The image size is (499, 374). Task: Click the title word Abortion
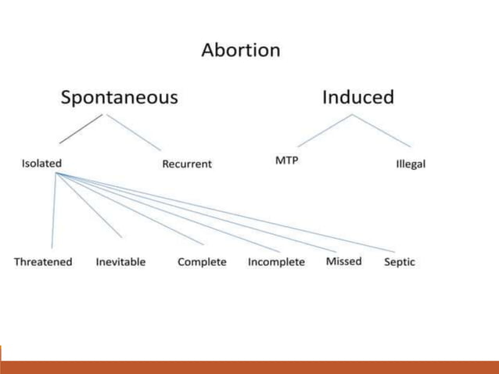[240, 51]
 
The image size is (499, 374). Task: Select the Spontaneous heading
[120, 98]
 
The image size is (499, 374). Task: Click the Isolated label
[41, 164]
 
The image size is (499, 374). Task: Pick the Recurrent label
[186, 164]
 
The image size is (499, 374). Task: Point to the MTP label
[287, 160]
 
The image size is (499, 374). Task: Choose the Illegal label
[411, 164]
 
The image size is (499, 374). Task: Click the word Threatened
[43, 262]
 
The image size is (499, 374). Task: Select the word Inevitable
[120, 262]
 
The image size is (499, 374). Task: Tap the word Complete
[202, 262]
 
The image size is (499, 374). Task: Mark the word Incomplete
[276, 262]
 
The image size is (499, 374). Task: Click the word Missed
[343, 261]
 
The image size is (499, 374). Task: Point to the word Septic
[399, 262]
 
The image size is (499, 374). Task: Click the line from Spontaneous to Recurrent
[135, 132]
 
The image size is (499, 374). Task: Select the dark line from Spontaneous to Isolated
[81, 129]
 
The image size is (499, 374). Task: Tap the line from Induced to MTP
[325, 131]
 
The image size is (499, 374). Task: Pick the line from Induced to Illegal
[381, 131]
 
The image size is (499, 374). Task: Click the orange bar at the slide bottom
[249, 367]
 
